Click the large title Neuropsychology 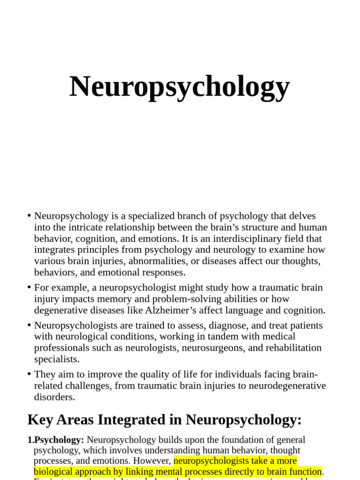(x=180, y=87)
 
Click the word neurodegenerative (x=285, y=386)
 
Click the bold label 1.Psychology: (x=56, y=440)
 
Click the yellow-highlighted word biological (x=57, y=472)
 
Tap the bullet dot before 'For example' (x=29, y=287)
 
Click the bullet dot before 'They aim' (x=29, y=374)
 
